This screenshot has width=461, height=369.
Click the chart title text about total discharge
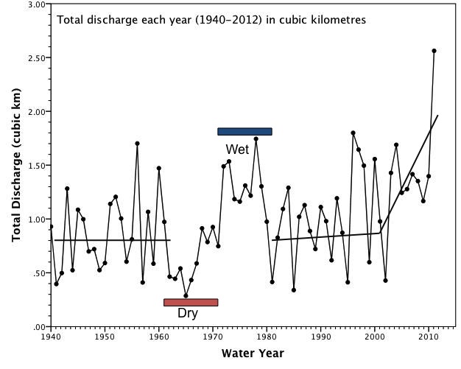tap(211, 19)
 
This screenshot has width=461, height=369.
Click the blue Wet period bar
tap(244, 132)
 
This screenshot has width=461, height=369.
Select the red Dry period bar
tap(191, 302)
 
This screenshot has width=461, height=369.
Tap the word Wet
tap(237, 150)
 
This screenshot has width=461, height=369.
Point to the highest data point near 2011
tap(434, 51)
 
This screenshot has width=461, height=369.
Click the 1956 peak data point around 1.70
tap(137, 144)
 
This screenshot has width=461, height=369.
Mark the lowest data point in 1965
tap(186, 295)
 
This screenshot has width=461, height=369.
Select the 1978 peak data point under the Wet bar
tap(256, 138)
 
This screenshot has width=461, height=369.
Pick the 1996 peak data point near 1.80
tap(353, 133)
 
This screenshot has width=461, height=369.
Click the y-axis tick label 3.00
tap(35, 4)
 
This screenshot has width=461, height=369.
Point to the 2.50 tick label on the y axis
tap(35, 58)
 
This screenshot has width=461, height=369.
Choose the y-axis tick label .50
tap(38, 273)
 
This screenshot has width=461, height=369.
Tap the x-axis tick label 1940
tap(51, 337)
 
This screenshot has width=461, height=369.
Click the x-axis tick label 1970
tap(213, 337)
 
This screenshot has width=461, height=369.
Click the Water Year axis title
tap(253, 354)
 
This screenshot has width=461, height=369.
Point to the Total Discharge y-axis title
tap(16, 165)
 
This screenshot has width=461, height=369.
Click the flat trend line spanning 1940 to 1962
tap(110, 240)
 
